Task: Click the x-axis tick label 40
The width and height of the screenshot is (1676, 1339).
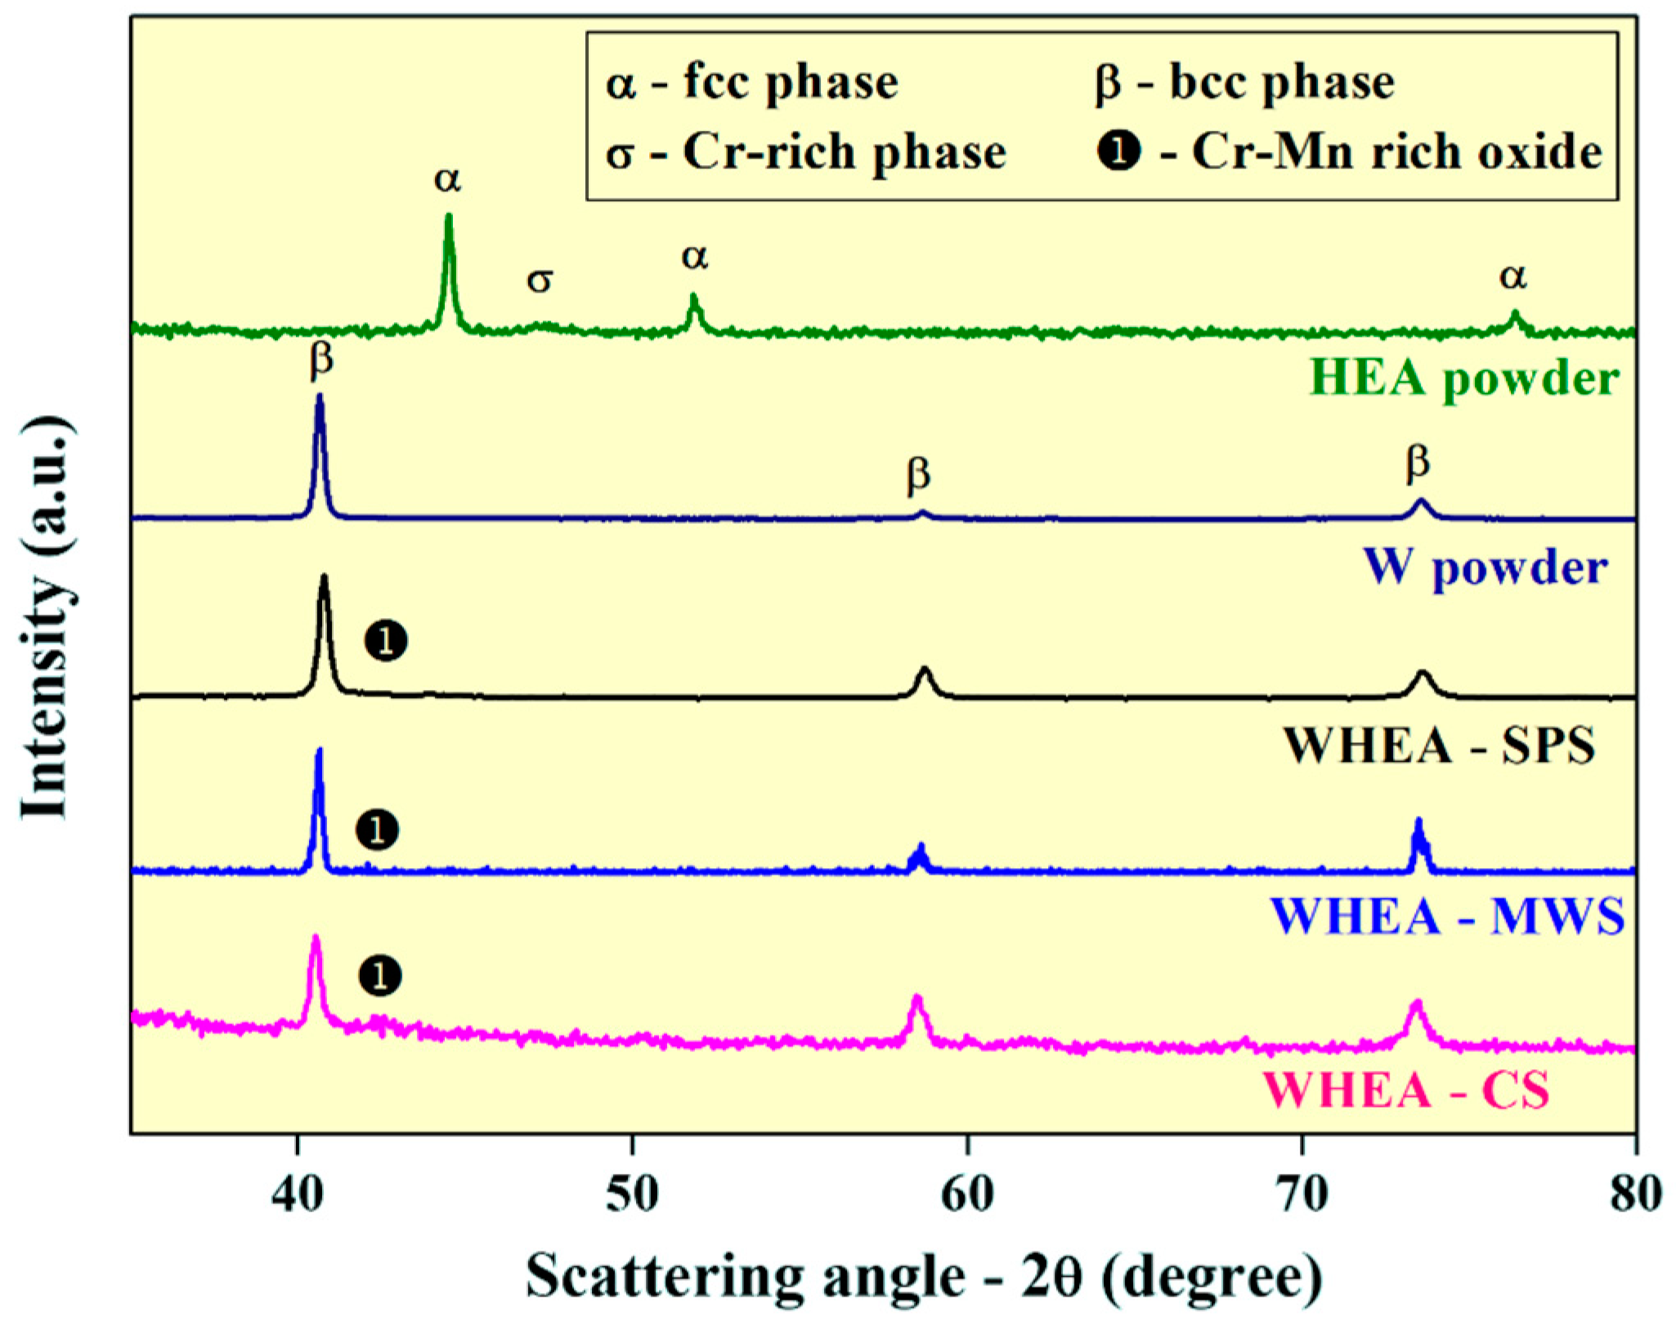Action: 297,1194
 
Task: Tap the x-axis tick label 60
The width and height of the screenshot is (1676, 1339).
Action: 967,1194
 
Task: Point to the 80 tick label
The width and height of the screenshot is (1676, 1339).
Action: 1636,1194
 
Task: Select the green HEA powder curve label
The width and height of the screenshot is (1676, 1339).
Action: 1463,378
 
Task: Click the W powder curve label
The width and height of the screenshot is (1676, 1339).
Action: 1484,566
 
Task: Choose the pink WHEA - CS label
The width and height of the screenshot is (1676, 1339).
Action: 1406,1089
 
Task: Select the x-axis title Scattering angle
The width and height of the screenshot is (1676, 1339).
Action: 924,1277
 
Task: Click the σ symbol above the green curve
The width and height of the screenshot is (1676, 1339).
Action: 540,280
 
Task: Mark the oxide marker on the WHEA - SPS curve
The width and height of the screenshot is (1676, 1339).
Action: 386,642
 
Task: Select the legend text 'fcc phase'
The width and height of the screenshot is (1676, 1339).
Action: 791,82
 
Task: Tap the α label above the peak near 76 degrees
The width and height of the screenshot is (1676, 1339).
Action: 1513,276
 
